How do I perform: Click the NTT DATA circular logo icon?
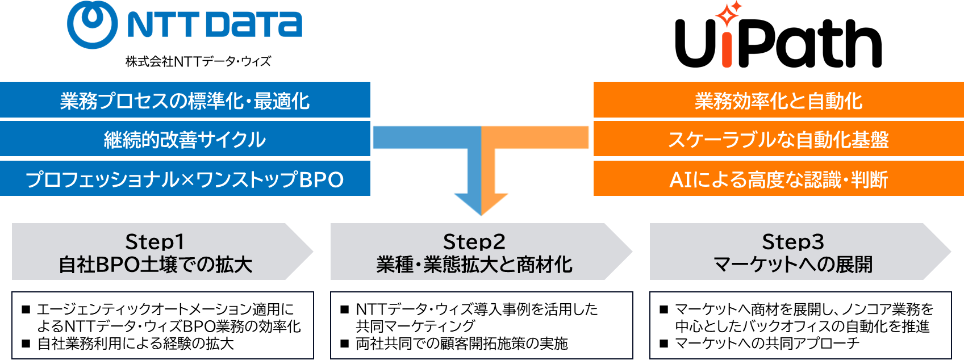[92, 24]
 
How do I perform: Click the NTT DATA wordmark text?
[215, 25]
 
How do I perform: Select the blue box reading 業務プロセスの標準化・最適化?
[185, 101]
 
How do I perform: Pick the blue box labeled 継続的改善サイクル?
[185, 139]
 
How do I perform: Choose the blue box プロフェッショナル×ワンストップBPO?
[185, 179]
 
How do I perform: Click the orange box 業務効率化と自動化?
[778, 101]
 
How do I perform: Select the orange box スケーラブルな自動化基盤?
[778, 139]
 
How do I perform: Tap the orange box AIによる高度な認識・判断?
[778, 179]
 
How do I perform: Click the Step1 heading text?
[155, 242]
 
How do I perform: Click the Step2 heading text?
[474, 242]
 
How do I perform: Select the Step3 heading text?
[792, 242]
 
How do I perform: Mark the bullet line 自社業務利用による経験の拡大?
[135, 344]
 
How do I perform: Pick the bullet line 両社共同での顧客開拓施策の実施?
[461, 344]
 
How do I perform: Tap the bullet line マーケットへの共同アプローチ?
[767, 344]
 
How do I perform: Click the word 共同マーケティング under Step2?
[415, 326]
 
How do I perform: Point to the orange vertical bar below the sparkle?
[727, 50]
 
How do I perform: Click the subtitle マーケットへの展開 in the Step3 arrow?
[792, 265]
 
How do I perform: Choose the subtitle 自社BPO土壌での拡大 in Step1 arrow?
[155, 265]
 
